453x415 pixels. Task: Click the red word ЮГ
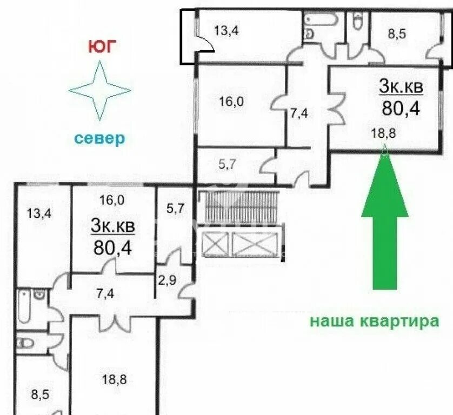(x=102, y=47)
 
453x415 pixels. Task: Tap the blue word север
(x=99, y=138)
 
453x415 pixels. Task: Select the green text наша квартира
(x=374, y=322)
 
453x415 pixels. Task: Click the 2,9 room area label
(x=166, y=280)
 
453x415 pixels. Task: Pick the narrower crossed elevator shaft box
(x=214, y=244)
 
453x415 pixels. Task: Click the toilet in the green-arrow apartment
(x=357, y=23)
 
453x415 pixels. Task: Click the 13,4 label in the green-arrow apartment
(x=226, y=30)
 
